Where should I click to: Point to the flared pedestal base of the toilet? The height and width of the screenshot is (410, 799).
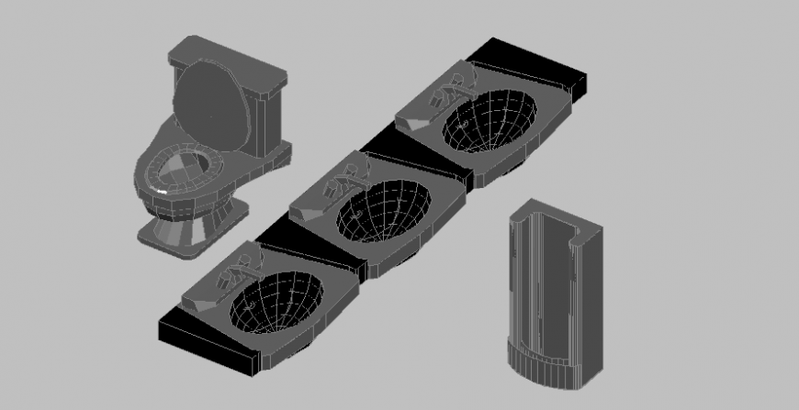(x=188, y=229)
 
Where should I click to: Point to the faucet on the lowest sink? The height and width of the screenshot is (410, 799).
(x=237, y=268)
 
